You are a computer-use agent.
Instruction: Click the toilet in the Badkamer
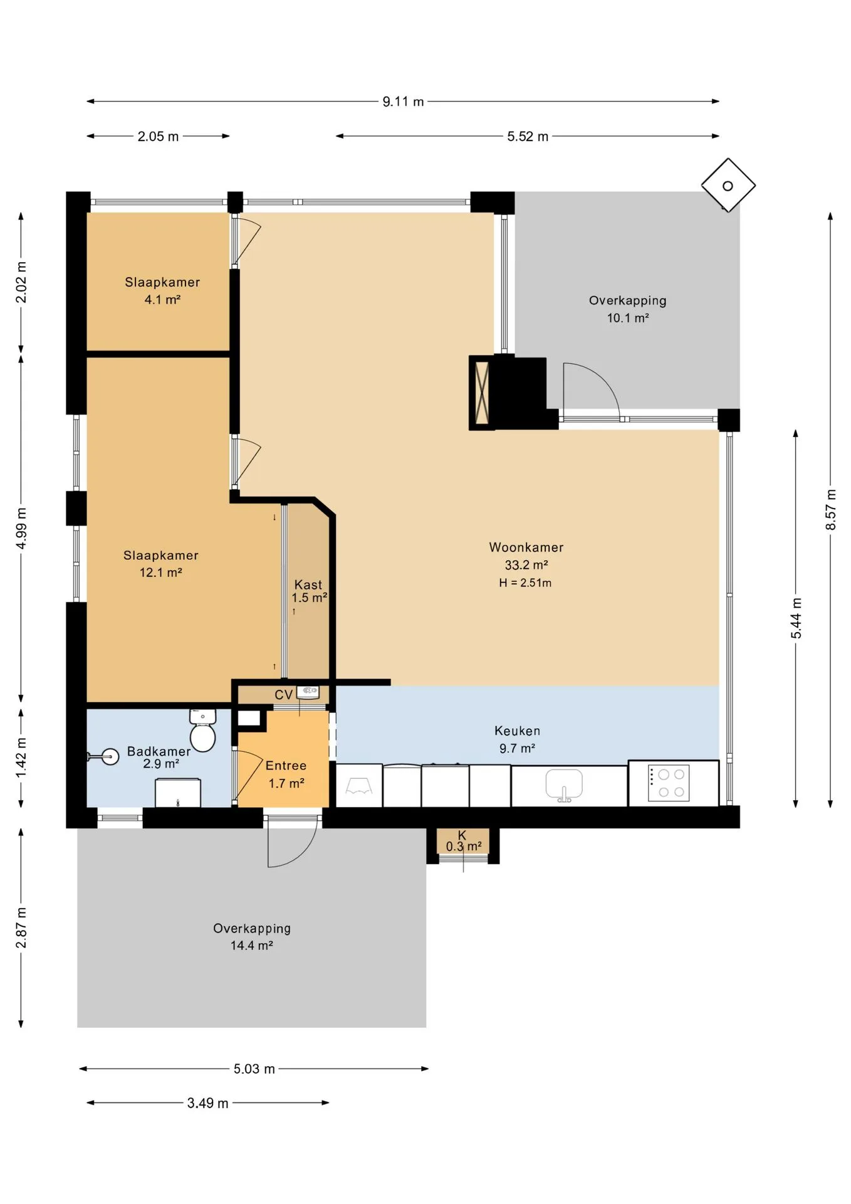coord(202,731)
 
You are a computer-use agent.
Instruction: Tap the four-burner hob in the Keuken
coord(669,783)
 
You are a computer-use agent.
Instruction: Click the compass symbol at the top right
coord(728,186)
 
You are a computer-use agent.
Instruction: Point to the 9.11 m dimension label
coord(403,102)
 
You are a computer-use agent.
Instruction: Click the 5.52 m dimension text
coord(528,136)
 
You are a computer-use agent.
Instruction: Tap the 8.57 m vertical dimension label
coord(831,509)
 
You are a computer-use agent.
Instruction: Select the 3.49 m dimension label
coord(207,1102)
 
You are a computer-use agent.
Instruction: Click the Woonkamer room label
coord(526,547)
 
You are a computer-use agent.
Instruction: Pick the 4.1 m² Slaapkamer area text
coord(162,300)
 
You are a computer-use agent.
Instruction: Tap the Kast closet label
coord(308,584)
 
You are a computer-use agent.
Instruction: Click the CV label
coord(283,695)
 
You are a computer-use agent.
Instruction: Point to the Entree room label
coord(286,766)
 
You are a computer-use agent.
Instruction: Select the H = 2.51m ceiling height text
coord(525,583)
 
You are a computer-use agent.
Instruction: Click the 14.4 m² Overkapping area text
coord(251,946)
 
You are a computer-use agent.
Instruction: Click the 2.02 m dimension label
coord(21,282)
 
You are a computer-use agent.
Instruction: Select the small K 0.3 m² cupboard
coord(463,842)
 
